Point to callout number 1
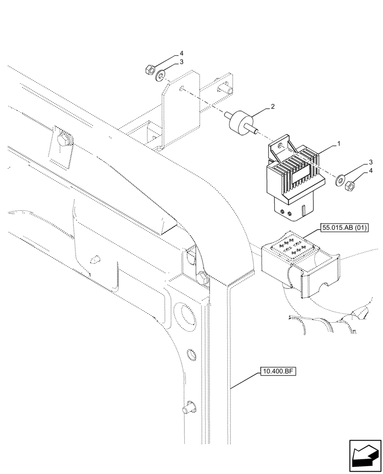click(338, 142)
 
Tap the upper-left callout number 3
click(181, 62)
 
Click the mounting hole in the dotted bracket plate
click(182, 87)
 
